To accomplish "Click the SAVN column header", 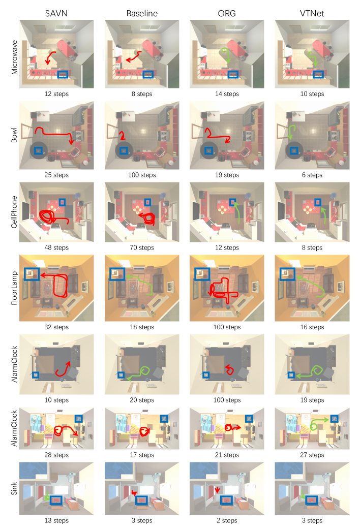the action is pos(56,14).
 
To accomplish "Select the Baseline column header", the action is pos(142,14).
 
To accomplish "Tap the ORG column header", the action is pos(227,14).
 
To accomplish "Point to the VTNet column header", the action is pos(312,14).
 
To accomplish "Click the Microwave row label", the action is pos(14,57).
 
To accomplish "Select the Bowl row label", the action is pos(14,135).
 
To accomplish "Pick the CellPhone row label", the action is pos(14,212).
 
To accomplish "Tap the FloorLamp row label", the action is pos(14,288).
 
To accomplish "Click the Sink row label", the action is pos(14,488).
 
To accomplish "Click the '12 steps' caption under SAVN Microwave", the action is pos(56,94).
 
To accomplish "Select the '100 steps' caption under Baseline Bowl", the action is pos(142,175).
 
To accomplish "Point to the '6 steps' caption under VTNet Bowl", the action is pos(312,175).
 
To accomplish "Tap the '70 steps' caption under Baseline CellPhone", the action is pos(142,247).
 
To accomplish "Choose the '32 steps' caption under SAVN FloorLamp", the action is pos(56,327).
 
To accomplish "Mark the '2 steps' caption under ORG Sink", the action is pos(227,520).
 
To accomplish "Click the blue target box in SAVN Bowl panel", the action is pos(39,151).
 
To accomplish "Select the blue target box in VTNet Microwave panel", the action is pos(318,75).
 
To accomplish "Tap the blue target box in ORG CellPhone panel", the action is pos(232,202).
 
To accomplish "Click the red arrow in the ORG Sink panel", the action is pos(217,490).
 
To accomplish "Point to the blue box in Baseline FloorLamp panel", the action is pos(117,274).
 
